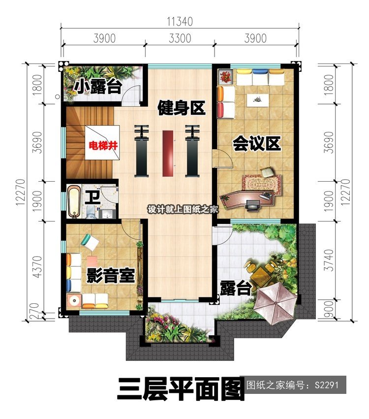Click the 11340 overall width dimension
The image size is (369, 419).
(180, 22)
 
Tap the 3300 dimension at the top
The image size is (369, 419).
(180, 38)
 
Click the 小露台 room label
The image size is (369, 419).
(98, 86)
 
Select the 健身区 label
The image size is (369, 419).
(181, 108)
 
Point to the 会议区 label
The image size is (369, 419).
(257, 143)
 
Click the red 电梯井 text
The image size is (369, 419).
(103, 146)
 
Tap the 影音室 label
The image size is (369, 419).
(111, 275)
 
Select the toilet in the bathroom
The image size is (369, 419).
(91, 212)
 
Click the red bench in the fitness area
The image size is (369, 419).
(168, 154)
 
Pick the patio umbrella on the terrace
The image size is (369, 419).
(275, 303)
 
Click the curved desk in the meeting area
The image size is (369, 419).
(247, 199)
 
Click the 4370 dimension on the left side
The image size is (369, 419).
(38, 267)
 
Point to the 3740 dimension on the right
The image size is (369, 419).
(330, 260)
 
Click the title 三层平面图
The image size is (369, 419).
(181, 388)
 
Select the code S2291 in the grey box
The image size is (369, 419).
(327, 385)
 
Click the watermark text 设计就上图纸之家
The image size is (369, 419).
(183, 210)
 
